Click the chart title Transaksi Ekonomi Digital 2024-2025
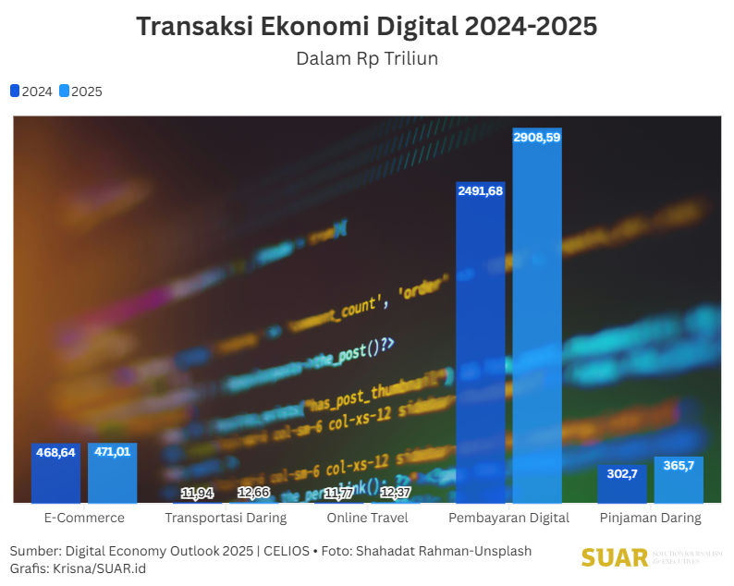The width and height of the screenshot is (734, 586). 366,27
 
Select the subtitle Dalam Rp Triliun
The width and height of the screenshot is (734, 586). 366,58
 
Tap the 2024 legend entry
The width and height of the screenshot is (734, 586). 31,92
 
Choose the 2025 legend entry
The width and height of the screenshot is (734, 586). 81,92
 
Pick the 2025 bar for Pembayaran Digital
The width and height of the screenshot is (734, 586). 537,324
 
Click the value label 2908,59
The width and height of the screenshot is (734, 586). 537,137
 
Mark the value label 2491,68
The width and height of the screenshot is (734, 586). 480,190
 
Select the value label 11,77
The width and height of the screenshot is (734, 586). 338,493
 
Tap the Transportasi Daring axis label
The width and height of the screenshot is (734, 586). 226,518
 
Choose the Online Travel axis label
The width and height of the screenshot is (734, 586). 367,518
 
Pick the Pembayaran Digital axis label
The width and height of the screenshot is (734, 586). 508,518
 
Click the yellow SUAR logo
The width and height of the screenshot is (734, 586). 615,557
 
